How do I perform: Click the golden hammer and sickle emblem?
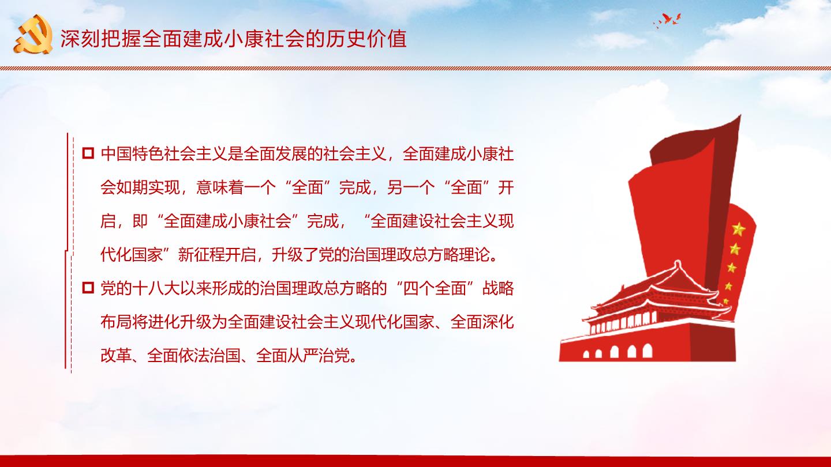point(33,35)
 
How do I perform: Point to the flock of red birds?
point(667,21)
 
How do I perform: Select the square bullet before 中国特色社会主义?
point(88,153)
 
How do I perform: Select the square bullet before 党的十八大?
point(88,288)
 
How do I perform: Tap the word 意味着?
point(220,187)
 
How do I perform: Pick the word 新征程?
point(201,255)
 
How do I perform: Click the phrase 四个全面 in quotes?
point(435,288)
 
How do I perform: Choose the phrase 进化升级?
point(180,322)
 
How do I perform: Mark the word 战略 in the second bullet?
point(498,288)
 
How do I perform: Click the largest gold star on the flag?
point(739,229)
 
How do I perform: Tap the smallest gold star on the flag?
point(725,301)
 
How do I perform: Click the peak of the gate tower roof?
point(677,262)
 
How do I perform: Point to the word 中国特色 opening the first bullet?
point(132,154)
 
